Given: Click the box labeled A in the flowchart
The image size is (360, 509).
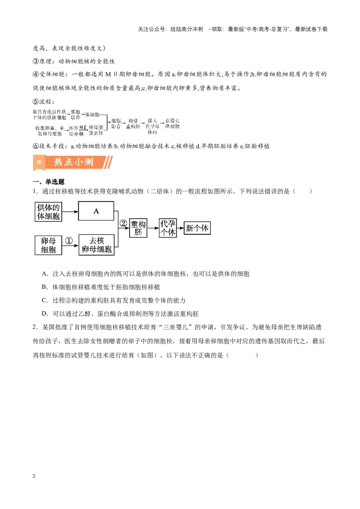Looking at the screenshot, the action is click(96, 211).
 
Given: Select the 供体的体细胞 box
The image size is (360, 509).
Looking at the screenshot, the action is click(48, 212).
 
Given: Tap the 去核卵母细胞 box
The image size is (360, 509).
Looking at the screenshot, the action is click(96, 245).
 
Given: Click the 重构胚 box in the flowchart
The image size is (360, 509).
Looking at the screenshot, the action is click(138, 228).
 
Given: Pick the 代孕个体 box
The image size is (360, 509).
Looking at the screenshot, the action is click(168, 228).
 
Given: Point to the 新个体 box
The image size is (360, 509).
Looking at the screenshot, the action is click(197, 228).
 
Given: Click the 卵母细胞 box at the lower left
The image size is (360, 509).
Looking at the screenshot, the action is click(48, 245).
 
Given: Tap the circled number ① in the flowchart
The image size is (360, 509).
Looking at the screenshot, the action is click(69, 241).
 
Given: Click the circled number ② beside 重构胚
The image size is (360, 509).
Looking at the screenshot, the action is click(123, 223).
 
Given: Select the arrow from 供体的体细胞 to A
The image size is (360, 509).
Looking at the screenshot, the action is click(70, 212).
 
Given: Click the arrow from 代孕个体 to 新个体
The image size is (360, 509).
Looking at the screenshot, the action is click(180, 228).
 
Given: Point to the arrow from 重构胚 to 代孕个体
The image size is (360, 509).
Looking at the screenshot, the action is click(153, 228).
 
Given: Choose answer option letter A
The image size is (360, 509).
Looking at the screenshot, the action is click(45, 274).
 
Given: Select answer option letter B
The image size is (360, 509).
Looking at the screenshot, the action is click(45, 287).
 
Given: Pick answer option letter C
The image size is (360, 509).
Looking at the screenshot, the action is click(45, 300).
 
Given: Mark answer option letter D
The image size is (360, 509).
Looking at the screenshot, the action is click(45, 313).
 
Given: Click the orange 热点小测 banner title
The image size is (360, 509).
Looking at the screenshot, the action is click(73, 162).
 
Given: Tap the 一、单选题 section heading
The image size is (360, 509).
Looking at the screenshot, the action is click(49, 182).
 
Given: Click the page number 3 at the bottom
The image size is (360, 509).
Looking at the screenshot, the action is click(34, 476).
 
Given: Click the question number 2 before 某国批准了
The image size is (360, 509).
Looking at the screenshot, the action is click(35, 327).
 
